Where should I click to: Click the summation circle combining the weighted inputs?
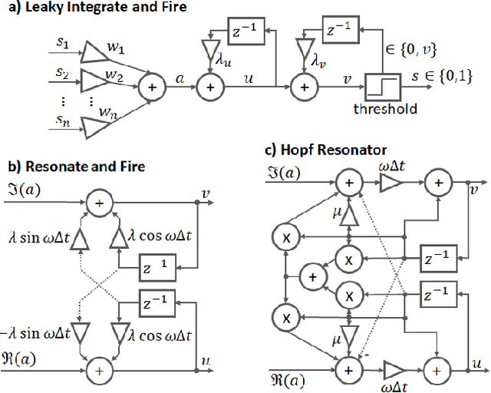point(153,89)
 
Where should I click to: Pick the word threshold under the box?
point(385,109)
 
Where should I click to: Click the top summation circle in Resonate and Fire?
point(98,203)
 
